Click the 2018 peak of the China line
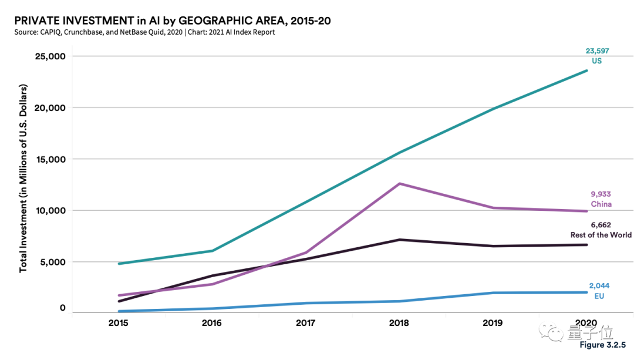[400, 184]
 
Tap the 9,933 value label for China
[601, 194]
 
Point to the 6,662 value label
[601, 225]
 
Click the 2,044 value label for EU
[599, 286]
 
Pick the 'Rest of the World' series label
[601, 235]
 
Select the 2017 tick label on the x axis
[306, 324]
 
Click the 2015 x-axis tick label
[118, 324]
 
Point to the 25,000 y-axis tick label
[48, 57]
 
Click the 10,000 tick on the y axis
[48, 211]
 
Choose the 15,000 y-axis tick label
[48, 159]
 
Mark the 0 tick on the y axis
[62, 308]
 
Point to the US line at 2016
[212, 251]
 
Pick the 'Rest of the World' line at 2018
[400, 240]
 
